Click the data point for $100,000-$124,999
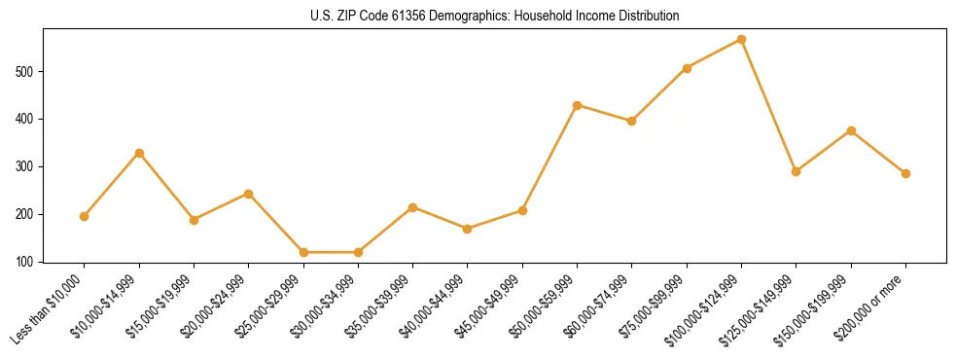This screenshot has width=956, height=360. [741, 39]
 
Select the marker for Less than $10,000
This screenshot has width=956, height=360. [85, 216]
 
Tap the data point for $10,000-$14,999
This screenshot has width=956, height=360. [139, 153]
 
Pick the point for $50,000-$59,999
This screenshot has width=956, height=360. [577, 105]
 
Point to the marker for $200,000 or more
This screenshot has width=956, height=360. [905, 173]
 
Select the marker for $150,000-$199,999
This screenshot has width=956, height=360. [851, 130]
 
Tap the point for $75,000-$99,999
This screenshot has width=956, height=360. [687, 68]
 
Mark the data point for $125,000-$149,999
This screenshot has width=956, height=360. [796, 171]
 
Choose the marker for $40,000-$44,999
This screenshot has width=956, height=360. [468, 229]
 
